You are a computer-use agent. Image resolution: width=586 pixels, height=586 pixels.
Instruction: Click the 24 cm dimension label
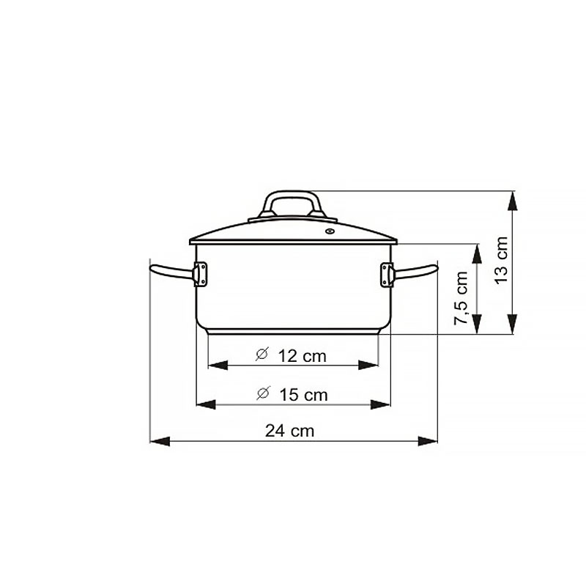(289, 431)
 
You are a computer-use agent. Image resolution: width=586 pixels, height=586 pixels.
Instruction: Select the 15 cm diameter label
(303, 395)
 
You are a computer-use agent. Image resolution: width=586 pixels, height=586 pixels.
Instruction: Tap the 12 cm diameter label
(302, 356)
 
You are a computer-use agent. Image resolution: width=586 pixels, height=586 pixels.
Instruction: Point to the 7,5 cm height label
(461, 298)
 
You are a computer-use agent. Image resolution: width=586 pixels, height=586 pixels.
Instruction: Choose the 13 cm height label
(501, 261)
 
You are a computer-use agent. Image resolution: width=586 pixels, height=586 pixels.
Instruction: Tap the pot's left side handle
(171, 271)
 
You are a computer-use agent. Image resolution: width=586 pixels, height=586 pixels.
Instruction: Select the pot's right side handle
(415, 271)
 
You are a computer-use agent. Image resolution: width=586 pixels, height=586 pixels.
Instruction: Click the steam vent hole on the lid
(330, 231)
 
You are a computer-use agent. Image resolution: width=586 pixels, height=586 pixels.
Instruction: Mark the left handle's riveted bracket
(200, 274)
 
